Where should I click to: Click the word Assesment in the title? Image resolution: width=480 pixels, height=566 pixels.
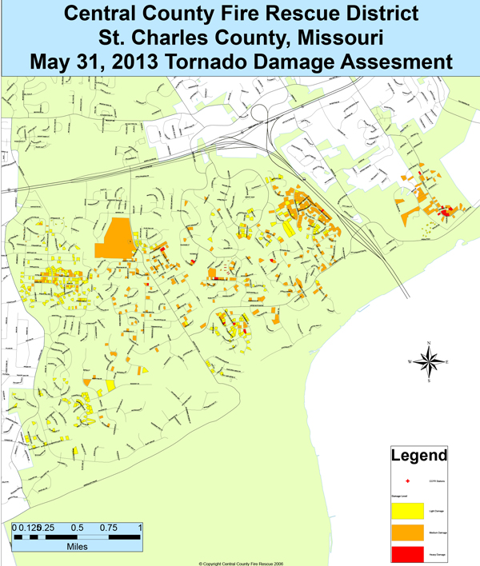pos(397,61)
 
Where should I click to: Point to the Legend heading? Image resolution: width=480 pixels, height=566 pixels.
pos(418,457)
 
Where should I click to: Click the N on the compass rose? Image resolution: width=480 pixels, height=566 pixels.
pos(430,343)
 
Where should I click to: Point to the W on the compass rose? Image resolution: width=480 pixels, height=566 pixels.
pos(410,362)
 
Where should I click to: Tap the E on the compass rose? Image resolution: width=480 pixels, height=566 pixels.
pos(447,362)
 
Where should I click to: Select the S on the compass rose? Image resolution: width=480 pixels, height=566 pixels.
pos(430,381)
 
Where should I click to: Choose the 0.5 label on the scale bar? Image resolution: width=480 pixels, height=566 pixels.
pos(78,528)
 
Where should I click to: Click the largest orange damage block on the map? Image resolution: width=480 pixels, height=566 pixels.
pos(114,238)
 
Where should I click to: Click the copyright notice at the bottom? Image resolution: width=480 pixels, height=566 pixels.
pos(241,562)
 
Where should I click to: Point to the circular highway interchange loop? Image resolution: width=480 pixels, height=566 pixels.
pos(264,116)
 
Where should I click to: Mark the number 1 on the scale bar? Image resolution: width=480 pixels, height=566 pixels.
pos(140,528)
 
